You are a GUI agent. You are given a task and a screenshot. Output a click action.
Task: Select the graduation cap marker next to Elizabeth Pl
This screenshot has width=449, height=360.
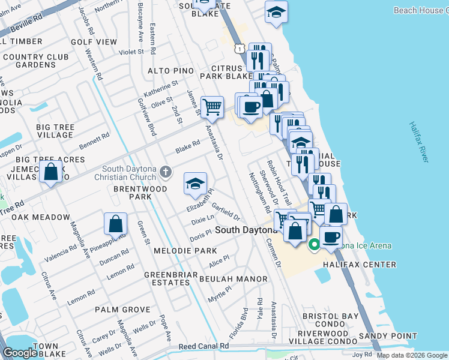(195, 184)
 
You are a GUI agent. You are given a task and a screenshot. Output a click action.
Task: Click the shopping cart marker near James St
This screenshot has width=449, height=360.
(211, 107)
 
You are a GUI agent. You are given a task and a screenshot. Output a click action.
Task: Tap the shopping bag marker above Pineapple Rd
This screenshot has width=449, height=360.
(115, 224)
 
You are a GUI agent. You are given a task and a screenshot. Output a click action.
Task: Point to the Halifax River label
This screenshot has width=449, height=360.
(420, 142)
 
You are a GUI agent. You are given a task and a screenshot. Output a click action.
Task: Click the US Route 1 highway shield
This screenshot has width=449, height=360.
(239, 47)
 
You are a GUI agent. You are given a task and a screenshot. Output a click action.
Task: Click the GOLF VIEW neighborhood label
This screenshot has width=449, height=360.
(94, 42)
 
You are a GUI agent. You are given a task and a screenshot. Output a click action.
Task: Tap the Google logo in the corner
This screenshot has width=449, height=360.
(19, 353)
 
